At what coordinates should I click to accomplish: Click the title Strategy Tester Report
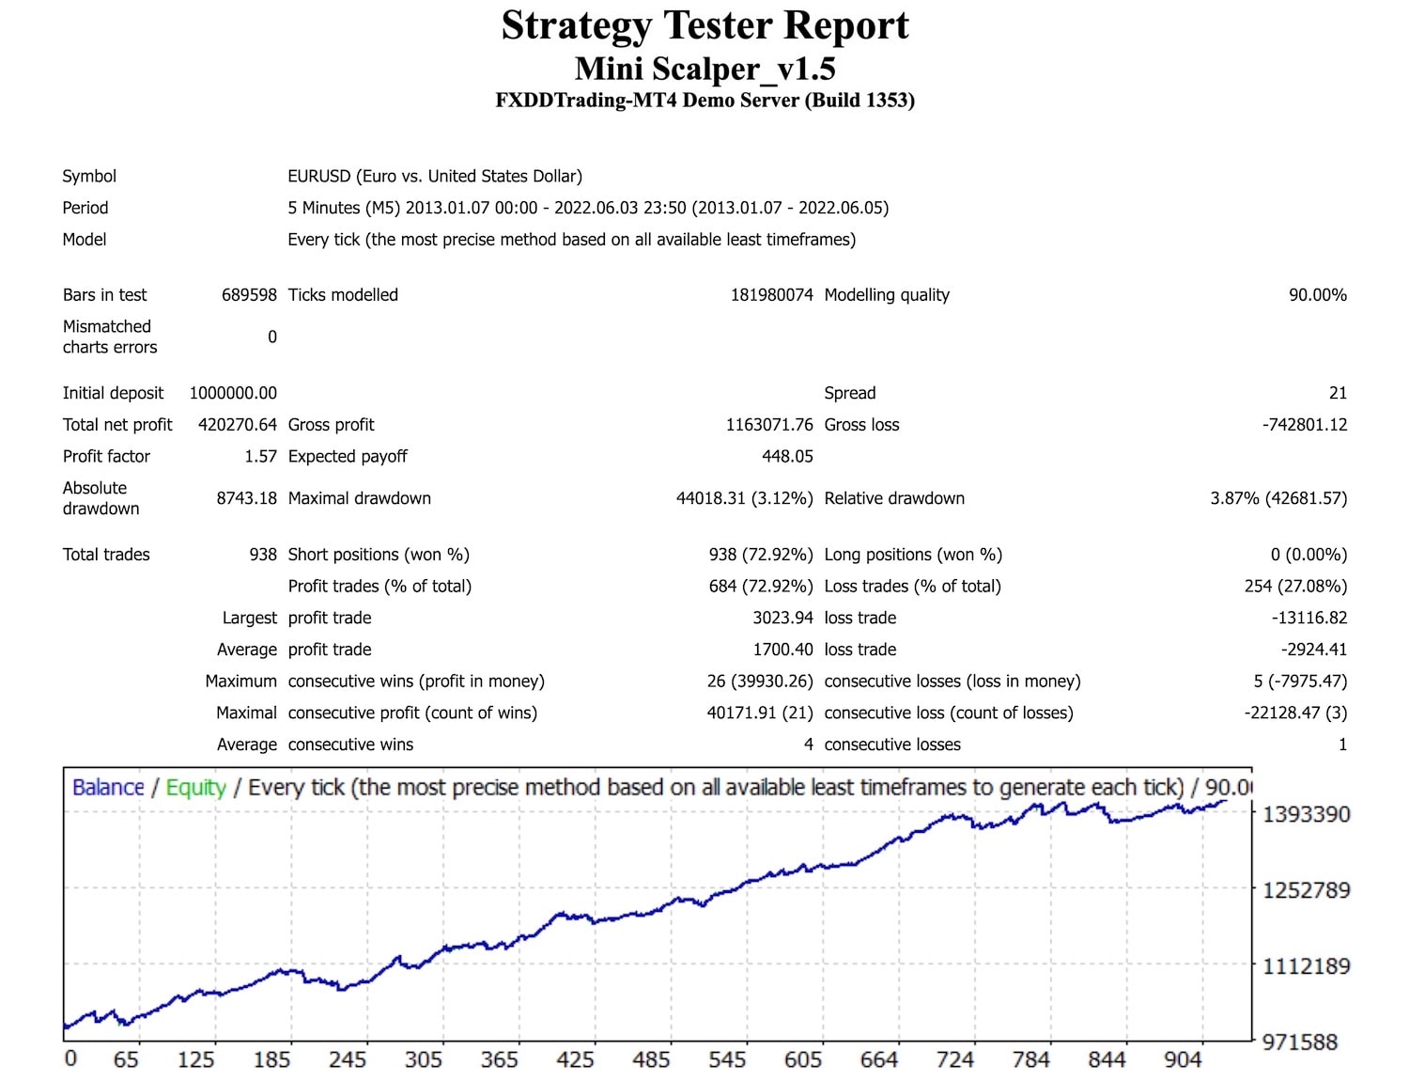click(704, 25)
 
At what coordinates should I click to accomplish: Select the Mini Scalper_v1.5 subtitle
click(704, 69)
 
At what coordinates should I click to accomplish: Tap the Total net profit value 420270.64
click(238, 425)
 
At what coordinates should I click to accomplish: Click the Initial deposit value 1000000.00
click(233, 393)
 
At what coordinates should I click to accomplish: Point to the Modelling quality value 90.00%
click(1317, 295)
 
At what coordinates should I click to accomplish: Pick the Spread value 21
click(1338, 393)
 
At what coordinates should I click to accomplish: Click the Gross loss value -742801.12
click(1305, 425)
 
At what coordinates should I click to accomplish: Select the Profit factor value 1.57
click(260, 457)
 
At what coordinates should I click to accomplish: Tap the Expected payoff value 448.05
click(787, 457)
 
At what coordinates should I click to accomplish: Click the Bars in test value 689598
click(249, 295)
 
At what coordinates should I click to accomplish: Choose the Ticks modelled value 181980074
click(771, 295)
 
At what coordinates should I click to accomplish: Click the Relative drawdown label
click(894, 498)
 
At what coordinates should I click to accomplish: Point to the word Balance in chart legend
click(108, 788)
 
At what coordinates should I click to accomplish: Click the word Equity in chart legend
click(195, 788)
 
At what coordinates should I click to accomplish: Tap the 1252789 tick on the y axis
click(1306, 889)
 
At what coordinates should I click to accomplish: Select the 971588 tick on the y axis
click(1300, 1042)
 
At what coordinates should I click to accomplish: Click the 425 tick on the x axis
click(575, 1060)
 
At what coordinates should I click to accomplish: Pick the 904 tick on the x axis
click(1183, 1060)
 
